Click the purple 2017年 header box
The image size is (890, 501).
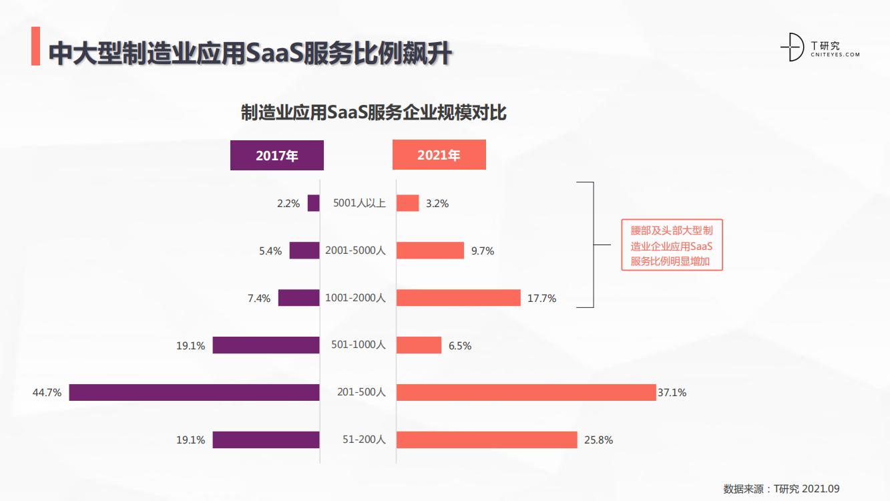[276, 156]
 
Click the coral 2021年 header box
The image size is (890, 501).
[439, 155]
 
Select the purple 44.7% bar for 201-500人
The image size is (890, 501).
[194, 392]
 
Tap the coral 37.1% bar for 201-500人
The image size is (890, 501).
[526, 392]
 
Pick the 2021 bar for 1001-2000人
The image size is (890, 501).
[458, 298]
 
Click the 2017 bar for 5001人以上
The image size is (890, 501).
[313, 203]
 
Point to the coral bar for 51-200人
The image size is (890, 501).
[487, 440]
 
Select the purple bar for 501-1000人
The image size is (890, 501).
[266, 345]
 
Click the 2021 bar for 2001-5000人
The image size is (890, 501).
[430, 251]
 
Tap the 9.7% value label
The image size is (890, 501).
[482, 251]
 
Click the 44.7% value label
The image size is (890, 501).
[47, 393]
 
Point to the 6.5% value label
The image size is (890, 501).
[460, 346]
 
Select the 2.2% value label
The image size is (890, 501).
[288, 204]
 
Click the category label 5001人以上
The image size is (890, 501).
[359, 203]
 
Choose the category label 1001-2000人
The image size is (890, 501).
[355, 298]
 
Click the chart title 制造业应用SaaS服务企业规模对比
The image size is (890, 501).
[374, 112]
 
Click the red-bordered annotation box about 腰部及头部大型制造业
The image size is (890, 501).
[672, 246]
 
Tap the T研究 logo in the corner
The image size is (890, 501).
[820, 47]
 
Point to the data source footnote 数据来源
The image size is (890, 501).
[785, 488]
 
